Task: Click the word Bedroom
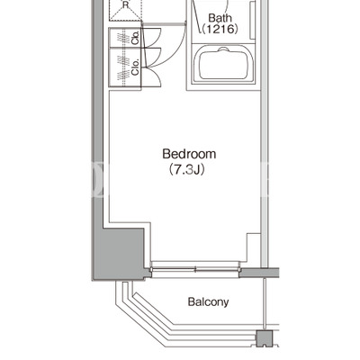coord(189,154)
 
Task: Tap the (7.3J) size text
coord(186,169)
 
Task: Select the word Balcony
coord(208,301)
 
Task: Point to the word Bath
coord(220,18)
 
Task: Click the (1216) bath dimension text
coord(220,29)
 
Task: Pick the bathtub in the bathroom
coord(223,64)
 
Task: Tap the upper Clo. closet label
coord(136,38)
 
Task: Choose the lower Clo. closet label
coord(136,67)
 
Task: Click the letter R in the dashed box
coord(125,4)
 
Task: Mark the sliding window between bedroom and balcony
coord(195,269)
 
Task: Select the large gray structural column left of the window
coord(120,253)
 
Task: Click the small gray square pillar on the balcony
coord(265,337)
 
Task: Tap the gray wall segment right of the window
coord(259,273)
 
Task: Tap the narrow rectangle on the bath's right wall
coord(252,20)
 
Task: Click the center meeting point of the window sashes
coord(195,269)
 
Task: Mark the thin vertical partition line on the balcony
coord(265,304)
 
